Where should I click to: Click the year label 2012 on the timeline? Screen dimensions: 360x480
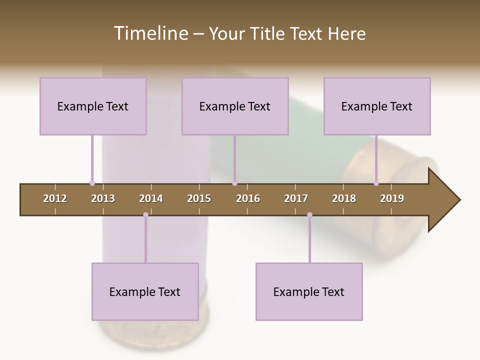(55, 198)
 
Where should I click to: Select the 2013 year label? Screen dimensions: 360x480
(103, 198)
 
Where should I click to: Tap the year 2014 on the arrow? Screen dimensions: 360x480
(151, 198)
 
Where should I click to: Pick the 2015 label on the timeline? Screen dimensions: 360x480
(199, 198)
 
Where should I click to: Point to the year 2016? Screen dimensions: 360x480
(248, 198)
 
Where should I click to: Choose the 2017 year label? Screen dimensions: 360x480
(296, 198)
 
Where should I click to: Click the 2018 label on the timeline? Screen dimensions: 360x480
(344, 198)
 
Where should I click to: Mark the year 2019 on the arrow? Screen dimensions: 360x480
(392, 198)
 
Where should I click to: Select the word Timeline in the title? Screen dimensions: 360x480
(150, 33)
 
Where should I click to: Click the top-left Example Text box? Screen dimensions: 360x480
(93, 106)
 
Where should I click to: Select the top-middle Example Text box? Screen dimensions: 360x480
(235, 106)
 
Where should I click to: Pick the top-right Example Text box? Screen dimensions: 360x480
(377, 106)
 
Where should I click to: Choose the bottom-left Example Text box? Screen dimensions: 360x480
(145, 291)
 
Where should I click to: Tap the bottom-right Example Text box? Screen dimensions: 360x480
(309, 291)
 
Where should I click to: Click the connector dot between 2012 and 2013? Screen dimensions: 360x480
(92, 183)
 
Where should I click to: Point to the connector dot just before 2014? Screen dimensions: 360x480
(145, 215)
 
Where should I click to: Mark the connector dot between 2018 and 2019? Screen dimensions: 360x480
(376, 183)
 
